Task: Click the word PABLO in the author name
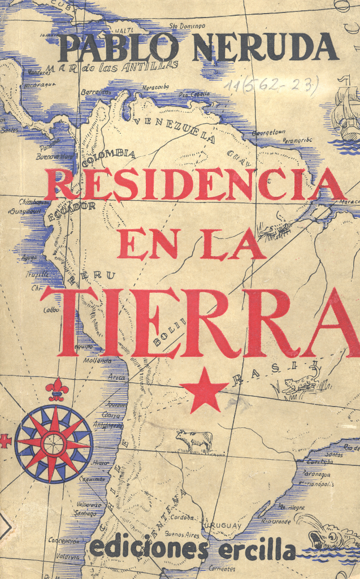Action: pyautogui.click(x=118, y=47)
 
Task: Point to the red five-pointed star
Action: pyautogui.click(x=204, y=390)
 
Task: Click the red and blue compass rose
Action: pyautogui.click(x=54, y=443)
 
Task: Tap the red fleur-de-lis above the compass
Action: pyautogui.click(x=57, y=389)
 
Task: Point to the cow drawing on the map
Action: pyautogui.click(x=194, y=440)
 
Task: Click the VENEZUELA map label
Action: pyautogui.click(x=175, y=129)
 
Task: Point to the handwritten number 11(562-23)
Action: pyautogui.click(x=271, y=85)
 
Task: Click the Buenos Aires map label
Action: pyautogui.click(x=182, y=533)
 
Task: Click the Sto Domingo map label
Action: pyautogui.click(x=187, y=25)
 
